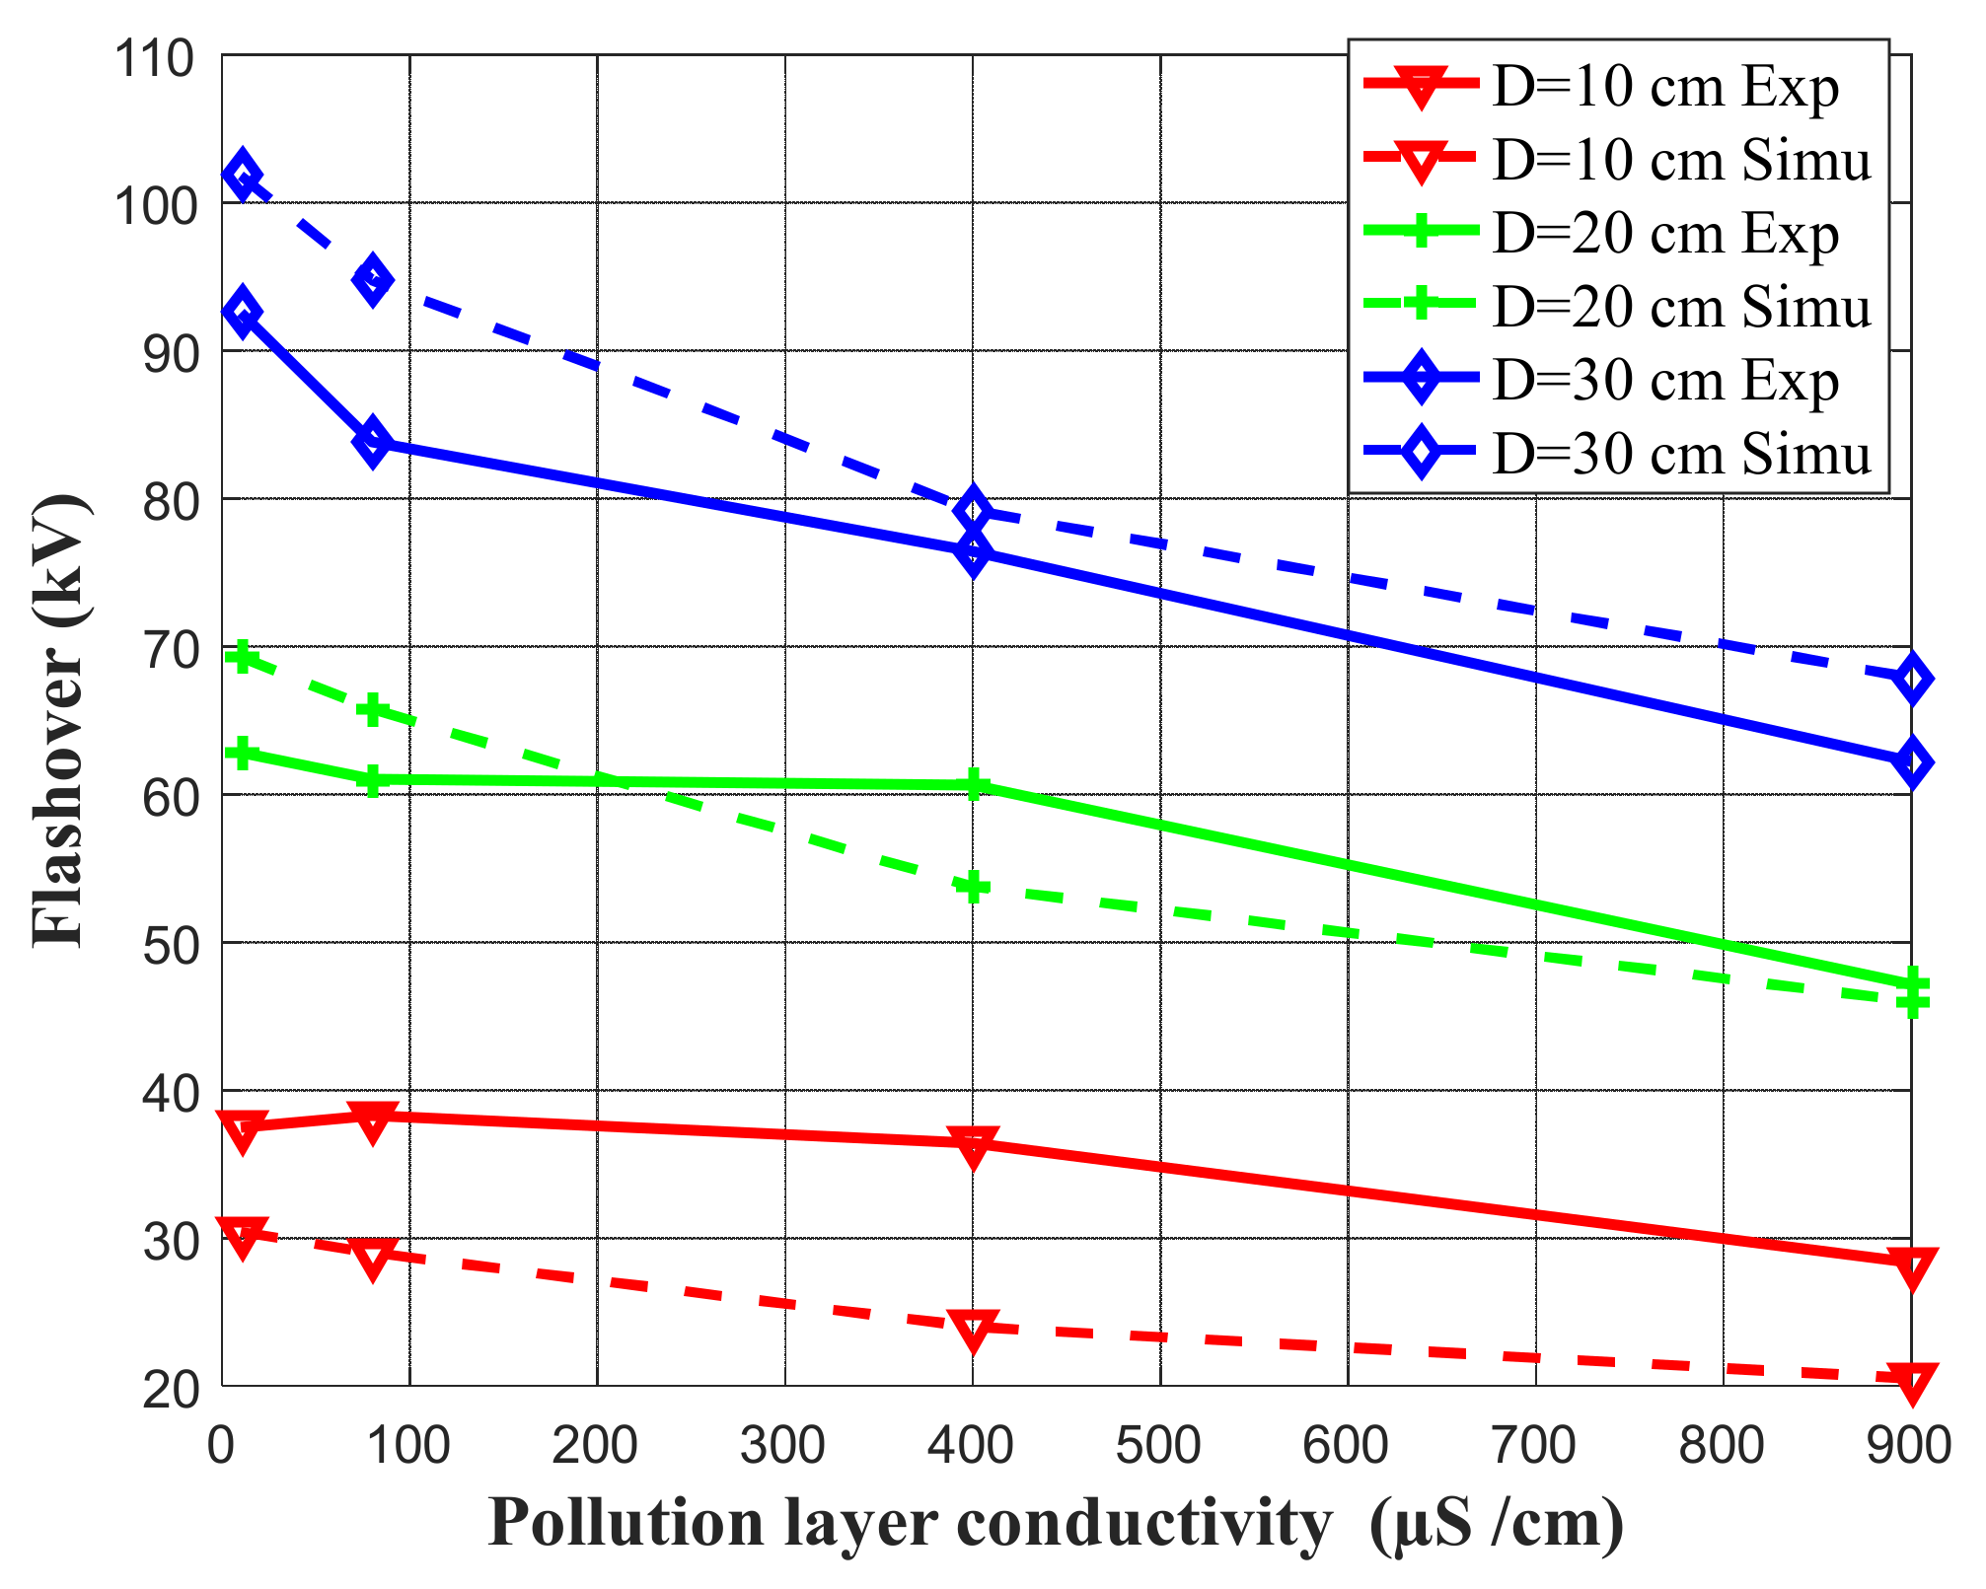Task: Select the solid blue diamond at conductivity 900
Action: pos(1911,763)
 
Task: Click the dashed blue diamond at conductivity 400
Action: pos(973,510)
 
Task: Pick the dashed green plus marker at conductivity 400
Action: pos(973,887)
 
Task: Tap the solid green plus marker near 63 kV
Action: pos(242,754)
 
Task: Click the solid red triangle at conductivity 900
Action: pos(1911,1265)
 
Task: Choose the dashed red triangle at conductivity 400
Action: pos(973,1330)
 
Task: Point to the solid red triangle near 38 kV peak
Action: pos(372,1120)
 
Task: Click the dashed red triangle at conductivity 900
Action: pos(1911,1381)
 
